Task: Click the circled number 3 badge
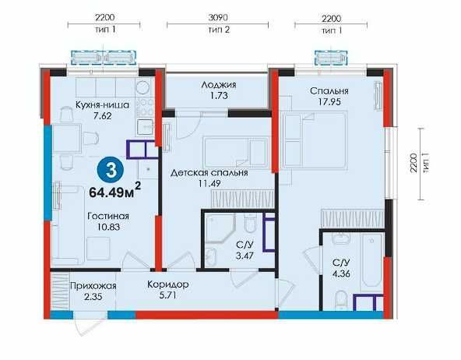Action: click(x=111, y=171)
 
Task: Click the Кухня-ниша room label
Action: click(x=102, y=104)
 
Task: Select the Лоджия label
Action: click(x=219, y=85)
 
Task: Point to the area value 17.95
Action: click(x=329, y=102)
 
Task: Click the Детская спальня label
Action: click(x=209, y=172)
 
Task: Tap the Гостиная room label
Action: click(x=108, y=216)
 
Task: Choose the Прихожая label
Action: click(x=93, y=286)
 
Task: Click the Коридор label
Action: click(x=168, y=284)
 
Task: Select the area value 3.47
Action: click(x=245, y=256)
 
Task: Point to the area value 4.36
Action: click(x=341, y=274)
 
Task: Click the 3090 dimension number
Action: click(x=218, y=18)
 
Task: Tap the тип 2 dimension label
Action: click(x=219, y=30)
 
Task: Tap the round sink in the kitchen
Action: click(x=144, y=87)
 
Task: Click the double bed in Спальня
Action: click(x=315, y=140)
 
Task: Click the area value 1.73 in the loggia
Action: click(x=219, y=96)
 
